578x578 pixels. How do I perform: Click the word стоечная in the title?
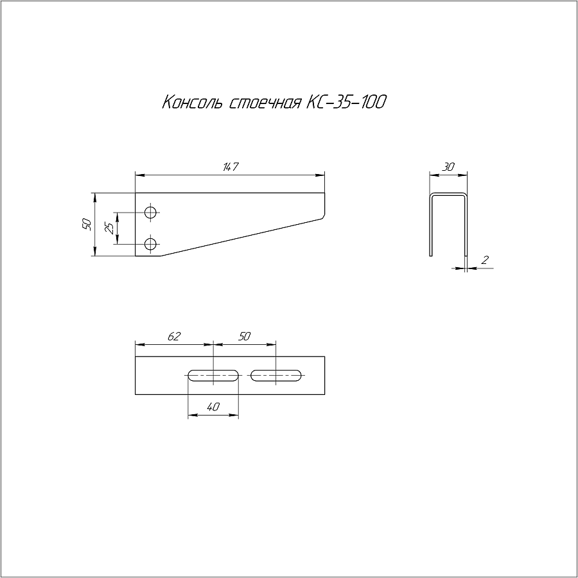(x=265, y=103)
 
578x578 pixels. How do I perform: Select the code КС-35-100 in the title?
(x=347, y=102)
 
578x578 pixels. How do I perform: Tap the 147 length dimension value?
(x=231, y=166)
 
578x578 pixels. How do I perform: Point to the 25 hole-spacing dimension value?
(x=109, y=229)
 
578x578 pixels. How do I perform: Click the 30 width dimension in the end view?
(x=448, y=167)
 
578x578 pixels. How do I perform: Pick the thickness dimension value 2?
(x=485, y=260)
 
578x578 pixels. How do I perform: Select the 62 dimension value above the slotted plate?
(x=174, y=336)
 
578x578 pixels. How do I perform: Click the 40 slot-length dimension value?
(x=213, y=407)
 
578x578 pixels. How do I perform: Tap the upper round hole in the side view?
(x=150, y=213)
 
